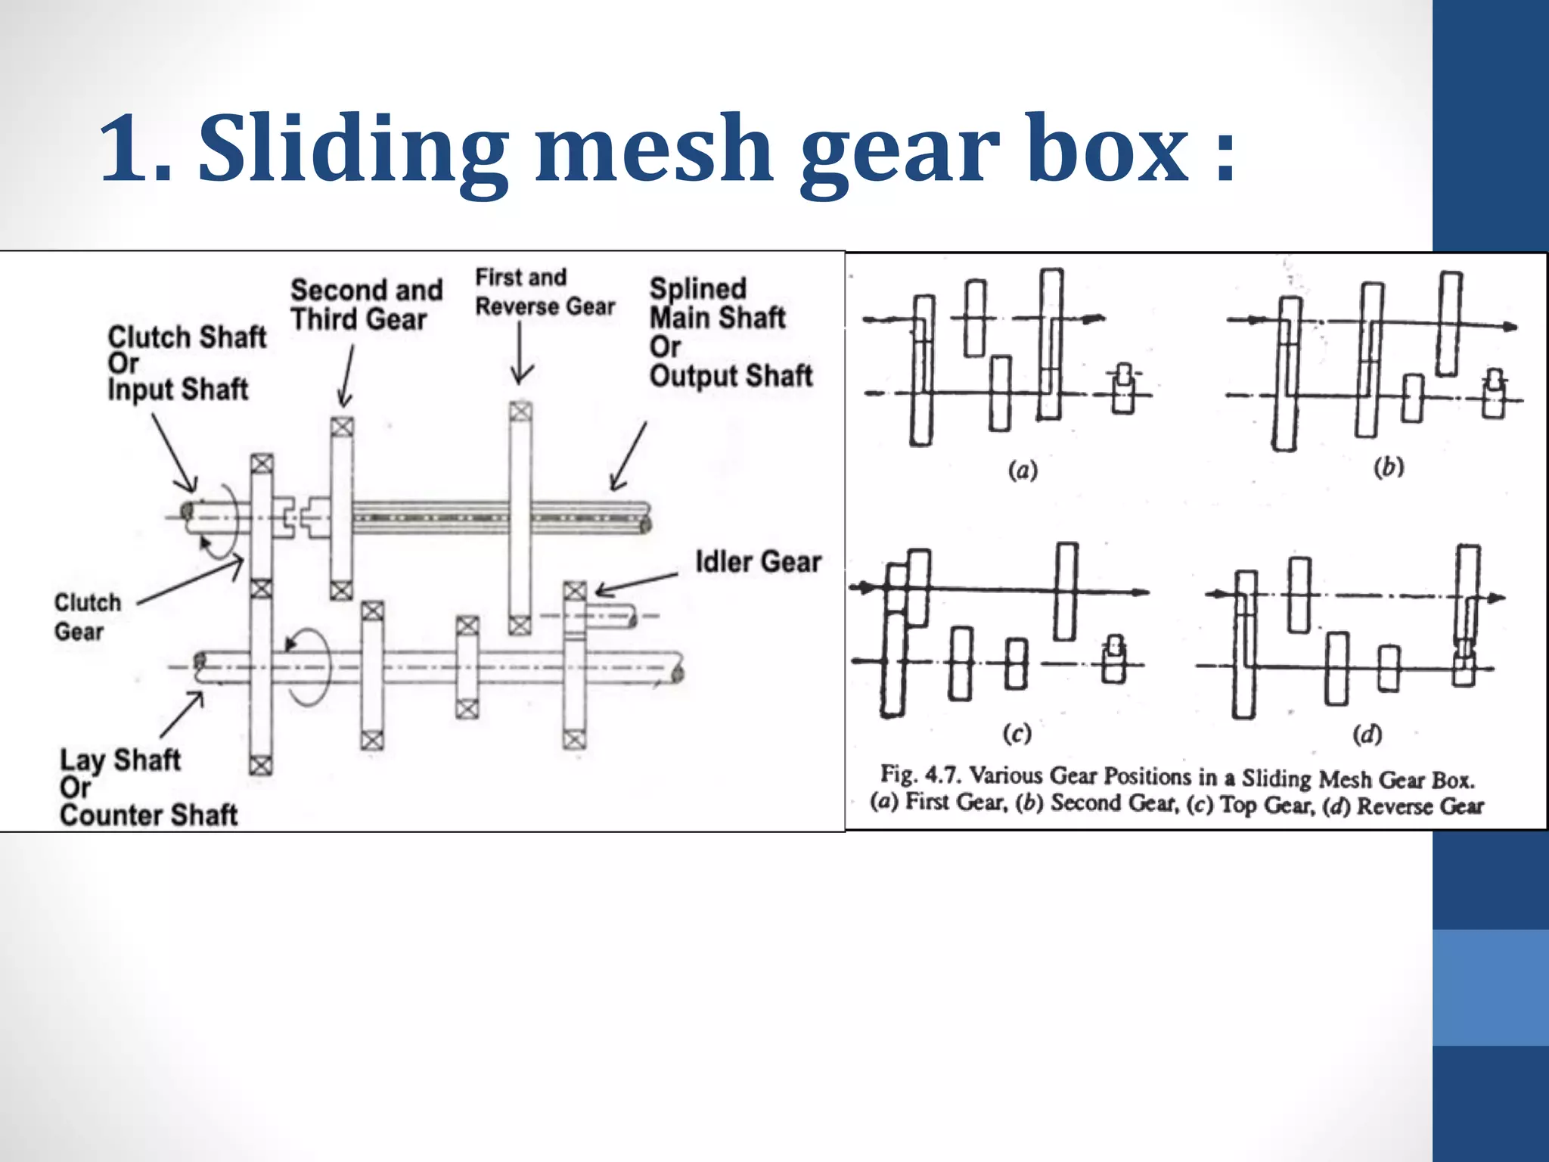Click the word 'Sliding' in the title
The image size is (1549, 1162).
(354, 149)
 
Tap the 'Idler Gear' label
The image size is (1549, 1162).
(758, 562)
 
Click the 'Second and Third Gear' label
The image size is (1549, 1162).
(367, 305)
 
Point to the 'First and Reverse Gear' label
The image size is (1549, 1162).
(545, 292)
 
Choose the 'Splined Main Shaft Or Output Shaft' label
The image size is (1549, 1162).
(731, 332)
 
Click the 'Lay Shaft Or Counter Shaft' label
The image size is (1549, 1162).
(148, 788)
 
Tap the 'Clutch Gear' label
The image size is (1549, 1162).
(87, 617)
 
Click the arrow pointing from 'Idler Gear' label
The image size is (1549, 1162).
(635, 584)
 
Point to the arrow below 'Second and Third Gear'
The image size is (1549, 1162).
(346, 377)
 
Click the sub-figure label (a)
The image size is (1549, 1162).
(1023, 471)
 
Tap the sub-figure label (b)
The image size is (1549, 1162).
(1389, 467)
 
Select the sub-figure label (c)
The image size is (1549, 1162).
(1017, 733)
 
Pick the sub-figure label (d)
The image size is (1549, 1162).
(1367, 734)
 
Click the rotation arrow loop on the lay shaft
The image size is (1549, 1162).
(309, 666)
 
